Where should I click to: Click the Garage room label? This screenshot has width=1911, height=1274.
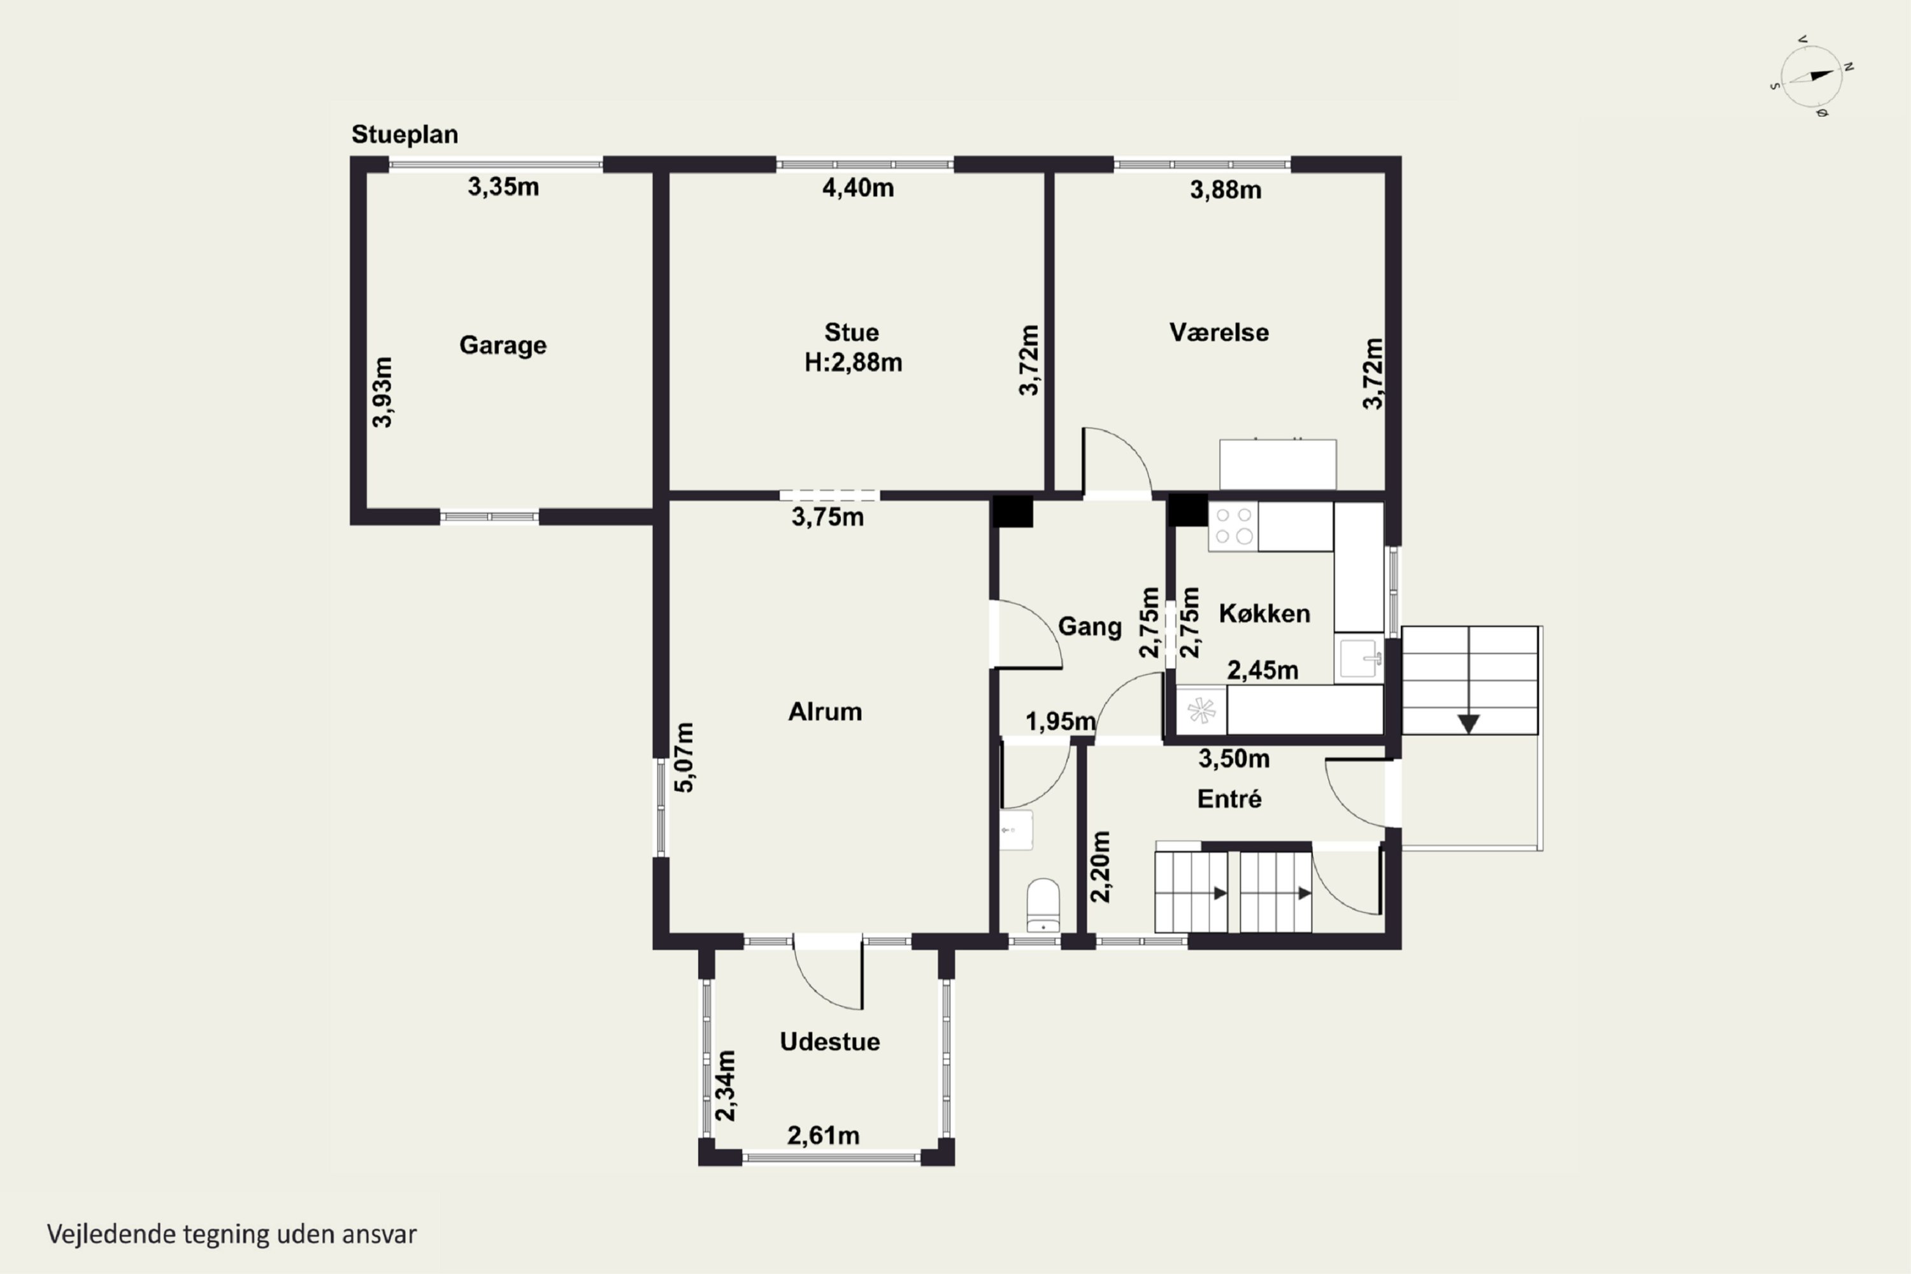(x=503, y=345)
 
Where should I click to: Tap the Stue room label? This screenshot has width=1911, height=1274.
(x=852, y=333)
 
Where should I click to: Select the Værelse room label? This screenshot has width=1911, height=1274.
(x=1219, y=333)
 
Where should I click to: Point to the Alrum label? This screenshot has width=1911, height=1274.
(x=825, y=712)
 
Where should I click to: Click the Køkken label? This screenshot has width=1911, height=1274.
(x=1264, y=613)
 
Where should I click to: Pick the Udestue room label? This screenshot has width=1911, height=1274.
(x=829, y=1041)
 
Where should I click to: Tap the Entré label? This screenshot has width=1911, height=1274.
(x=1229, y=799)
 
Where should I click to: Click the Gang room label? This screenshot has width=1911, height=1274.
(x=1089, y=626)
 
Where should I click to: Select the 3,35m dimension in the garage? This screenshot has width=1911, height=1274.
(x=503, y=187)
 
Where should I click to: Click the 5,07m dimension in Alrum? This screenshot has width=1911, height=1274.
(x=685, y=757)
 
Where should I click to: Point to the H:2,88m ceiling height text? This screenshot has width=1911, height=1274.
(x=853, y=362)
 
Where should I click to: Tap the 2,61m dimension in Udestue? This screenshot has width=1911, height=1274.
(x=823, y=1135)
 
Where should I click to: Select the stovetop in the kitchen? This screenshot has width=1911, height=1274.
(x=1233, y=527)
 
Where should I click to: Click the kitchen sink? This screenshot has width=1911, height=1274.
(x=1359, y=658)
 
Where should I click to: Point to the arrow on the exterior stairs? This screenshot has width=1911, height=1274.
(x=1468, y=723)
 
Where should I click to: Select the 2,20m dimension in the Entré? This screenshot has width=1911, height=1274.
(x=1100, y=866)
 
